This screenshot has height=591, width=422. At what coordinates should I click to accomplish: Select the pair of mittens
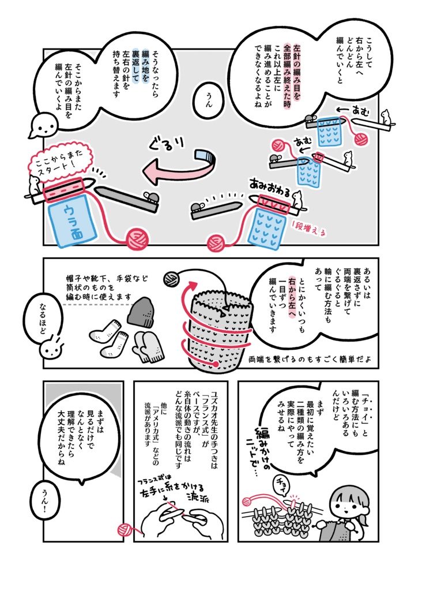[148, 348]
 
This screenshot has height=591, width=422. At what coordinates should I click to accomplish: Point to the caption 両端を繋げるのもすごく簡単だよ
[310, 359]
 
